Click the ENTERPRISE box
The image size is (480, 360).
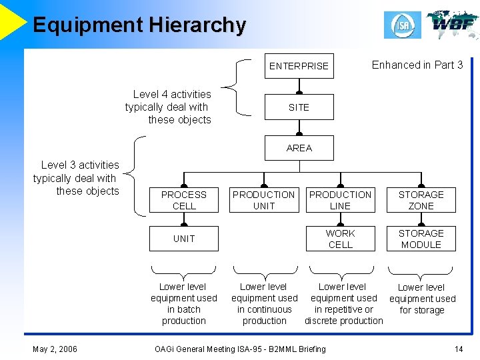[299, 66]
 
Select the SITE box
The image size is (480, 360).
[299, 107]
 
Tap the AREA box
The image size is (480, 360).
[299, 148]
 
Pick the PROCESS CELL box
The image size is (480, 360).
[184, 200]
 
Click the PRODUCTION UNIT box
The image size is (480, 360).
[264, 200]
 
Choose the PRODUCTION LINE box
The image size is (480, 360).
[340, 200]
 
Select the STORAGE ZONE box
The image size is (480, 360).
[421, 200]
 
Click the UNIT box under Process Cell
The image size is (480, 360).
[184, 239]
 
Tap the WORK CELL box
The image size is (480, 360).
[340, 239]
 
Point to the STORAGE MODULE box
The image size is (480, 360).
[421, 239]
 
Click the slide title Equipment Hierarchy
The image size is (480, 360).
[139, 25]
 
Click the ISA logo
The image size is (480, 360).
[402, 25]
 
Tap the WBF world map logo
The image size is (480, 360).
[452, 25]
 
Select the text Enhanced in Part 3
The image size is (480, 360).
[417, 65]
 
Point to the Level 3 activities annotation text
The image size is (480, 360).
[77, 178]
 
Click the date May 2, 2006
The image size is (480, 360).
[55, 349]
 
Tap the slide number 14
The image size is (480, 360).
[458, 349]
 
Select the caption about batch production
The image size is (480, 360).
[184, 303]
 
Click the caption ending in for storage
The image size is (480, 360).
[422, 299]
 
